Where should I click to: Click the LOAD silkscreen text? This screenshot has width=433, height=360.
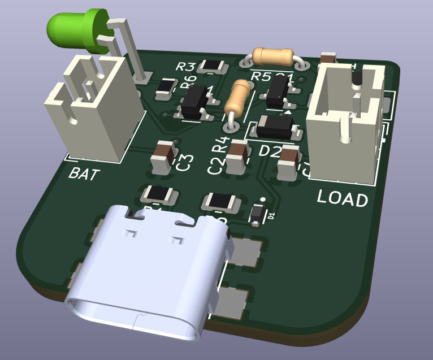click(x=342, y=198)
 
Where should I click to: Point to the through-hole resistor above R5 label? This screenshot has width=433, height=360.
click(x=272, y=56)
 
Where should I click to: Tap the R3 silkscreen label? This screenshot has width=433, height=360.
click(x=186, y=67)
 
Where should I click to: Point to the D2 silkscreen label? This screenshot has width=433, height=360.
click(x=270, y=151)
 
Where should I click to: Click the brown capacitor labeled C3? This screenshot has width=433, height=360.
click(x=164, y=158)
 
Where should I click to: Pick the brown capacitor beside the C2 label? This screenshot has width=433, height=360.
click(x=236, y=158)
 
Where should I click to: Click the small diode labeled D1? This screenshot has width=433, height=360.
click(x=258, y=214)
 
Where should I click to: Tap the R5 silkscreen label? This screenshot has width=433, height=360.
click(x=260, y=76)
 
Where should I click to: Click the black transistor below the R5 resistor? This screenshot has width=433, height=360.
click(x=278, y=92)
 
